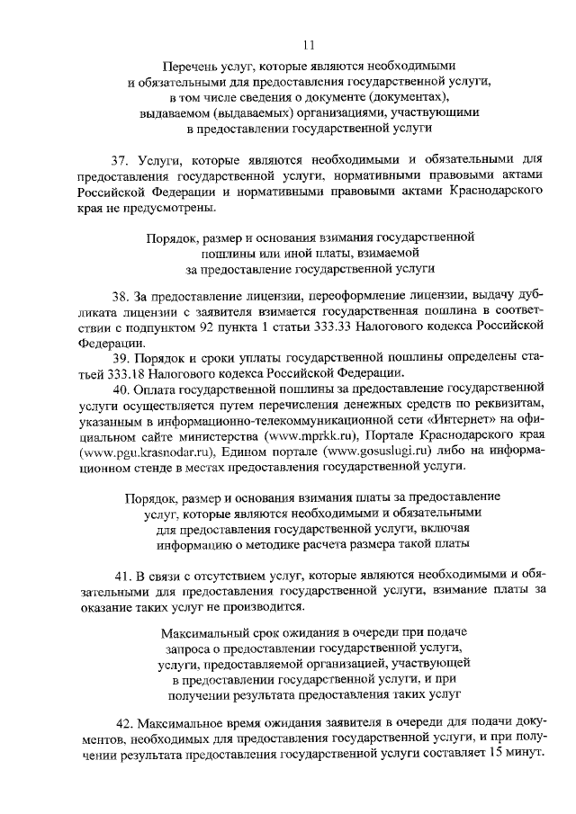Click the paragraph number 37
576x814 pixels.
tap(120, 160)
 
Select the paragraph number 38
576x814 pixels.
tap(120, 297)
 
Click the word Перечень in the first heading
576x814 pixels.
tap(189, 66)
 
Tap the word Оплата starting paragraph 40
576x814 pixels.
tap(155, 389)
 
